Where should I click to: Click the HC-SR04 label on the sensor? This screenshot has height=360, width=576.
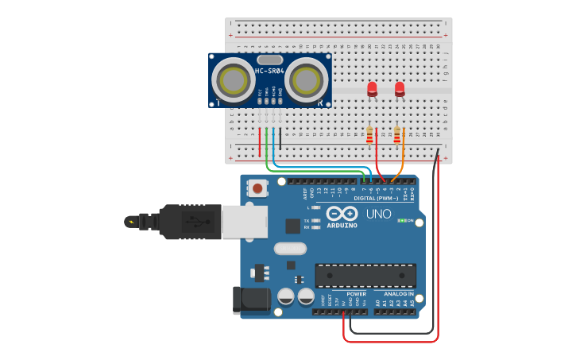coord(270,72)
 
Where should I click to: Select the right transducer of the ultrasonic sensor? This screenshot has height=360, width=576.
coord(307,79)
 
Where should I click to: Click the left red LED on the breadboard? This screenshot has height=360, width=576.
coord(372,89)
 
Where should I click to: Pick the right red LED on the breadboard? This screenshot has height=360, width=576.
coord(400,89)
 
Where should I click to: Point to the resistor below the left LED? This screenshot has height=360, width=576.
coord(369,136)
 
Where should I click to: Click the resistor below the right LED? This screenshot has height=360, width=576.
coord(397,136)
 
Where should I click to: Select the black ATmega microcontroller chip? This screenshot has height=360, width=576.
coord(365,276)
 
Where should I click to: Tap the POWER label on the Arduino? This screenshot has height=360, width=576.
coord(356,294)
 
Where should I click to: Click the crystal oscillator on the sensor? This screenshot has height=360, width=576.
coord(270,60)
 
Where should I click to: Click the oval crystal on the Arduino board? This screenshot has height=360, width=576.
coord(290,248)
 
